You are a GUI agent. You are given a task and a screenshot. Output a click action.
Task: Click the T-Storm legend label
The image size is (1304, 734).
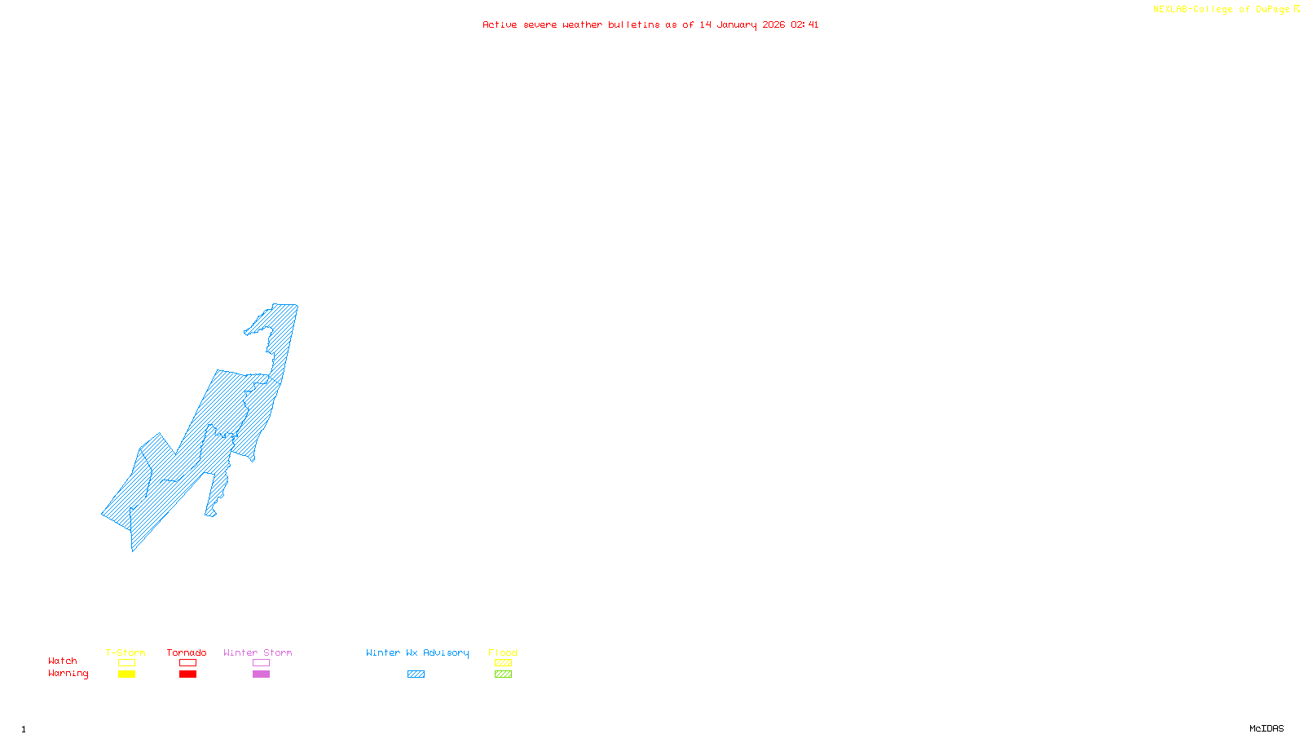pyautogui.click(x=126, y=652)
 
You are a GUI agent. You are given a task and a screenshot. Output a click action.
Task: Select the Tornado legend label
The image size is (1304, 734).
pyautogui.click(x=187, y=652)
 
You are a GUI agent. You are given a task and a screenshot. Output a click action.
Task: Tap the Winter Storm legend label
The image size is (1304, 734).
pyautogui.click(x=258, y=652)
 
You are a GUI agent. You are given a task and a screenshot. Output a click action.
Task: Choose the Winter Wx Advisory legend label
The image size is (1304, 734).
pyautogui.click(x=417, y=652)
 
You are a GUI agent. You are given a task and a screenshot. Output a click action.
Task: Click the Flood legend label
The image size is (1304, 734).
pyautogui.click(x=503, y=652)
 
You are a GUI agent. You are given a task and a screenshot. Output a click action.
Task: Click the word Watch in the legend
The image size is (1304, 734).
pyautogui.click(x=63, y=661)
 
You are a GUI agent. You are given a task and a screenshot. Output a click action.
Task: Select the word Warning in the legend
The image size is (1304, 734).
pyautogui.click(x=68, y=674)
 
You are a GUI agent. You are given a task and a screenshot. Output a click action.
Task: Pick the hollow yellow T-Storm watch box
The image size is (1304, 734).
pyautogui.click(x=126, y=663)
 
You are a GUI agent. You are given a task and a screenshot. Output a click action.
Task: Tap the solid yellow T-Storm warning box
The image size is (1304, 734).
pyautogui.click(x=126, y=674)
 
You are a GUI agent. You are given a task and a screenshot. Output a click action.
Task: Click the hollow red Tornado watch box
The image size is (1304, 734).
pyautogui.click(x=187, y=663)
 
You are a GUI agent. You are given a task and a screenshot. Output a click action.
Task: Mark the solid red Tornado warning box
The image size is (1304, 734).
pyautogui.click(x=187, y=674)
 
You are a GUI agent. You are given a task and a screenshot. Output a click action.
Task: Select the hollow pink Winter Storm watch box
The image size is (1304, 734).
pyautogui.click(x=261, y=663)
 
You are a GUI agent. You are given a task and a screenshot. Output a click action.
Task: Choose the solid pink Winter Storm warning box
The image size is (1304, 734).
pyautogui.click(x=261, y=674)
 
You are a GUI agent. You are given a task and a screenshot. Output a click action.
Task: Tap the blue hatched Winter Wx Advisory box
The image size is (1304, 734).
pyautogui.click(x=416, y=674)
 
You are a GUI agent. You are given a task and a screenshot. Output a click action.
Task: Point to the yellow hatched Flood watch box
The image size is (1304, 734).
pyautogui.click(x=503, y=663)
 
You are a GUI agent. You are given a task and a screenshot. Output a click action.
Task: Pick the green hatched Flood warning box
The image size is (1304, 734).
pyautogui.click(x=503, y=674)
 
